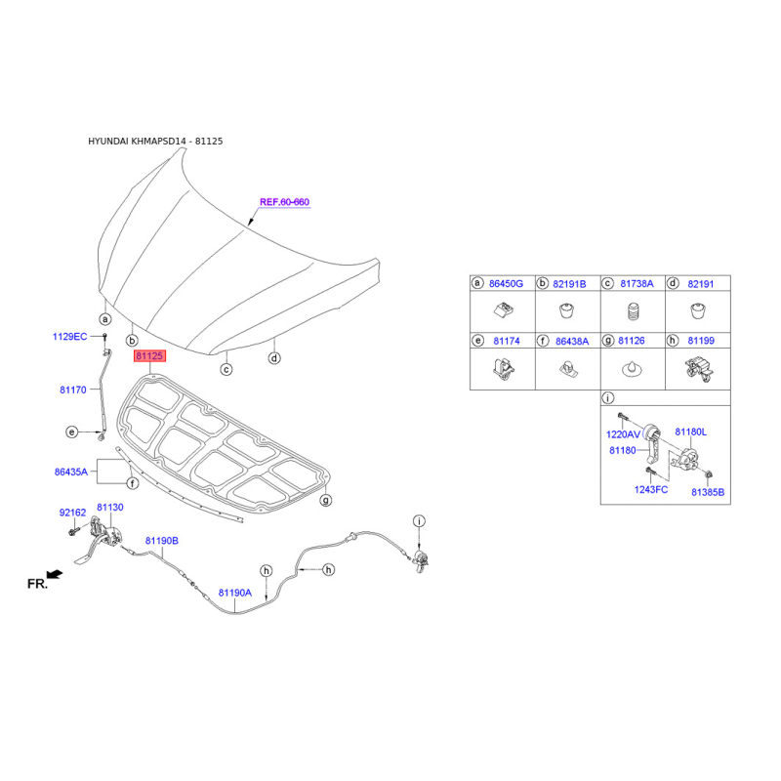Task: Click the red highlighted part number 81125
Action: (x=149, y=355)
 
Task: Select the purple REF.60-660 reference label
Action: (x=284, y=202)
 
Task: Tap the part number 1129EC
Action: (x=69, y=337)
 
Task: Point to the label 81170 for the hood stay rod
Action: (x=72, y=390)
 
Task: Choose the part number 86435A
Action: (x=70, y=472)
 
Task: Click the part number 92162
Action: (x=72, y=513)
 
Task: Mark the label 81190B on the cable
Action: (x=161, y=541)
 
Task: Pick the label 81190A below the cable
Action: (x=235, y=593)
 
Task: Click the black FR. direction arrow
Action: (x=55, y=575)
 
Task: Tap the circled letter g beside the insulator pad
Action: (x=326, y=500)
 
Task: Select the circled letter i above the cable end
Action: (x=420, y=521)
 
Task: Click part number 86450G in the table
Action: (x=506, y=284)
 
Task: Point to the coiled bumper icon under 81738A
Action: (x=632, y=311)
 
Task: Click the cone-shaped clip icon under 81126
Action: (x=632, y=369)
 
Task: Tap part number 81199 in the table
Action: (x=701, y=341)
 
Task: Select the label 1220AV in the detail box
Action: (x=623, y=434)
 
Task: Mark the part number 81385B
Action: (x=708, y=492)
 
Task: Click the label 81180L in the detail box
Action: (x=690, y=432)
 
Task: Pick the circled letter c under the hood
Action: (x=226, y=370)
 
